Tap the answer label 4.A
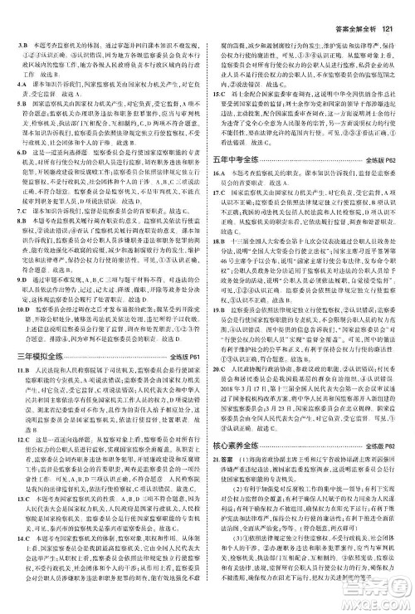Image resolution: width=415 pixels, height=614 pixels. point(14,85)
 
